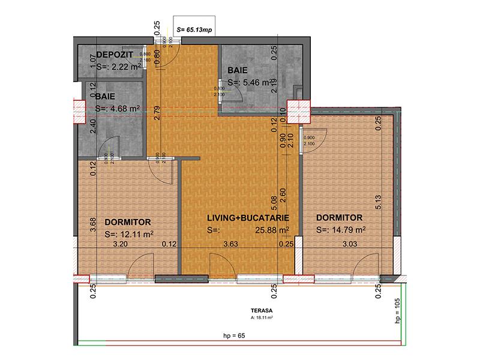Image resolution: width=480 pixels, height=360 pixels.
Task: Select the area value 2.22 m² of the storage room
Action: click(118, 67)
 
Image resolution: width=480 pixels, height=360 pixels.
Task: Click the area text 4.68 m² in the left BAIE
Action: click(118, 109)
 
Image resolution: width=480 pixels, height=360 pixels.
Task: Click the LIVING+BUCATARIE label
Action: click(249, 217)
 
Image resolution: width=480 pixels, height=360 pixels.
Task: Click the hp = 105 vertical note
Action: click(397, 312)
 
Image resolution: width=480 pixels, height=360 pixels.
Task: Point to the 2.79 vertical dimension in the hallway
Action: click(157, 113)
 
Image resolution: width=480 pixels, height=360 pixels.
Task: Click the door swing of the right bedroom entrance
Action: click(312, 140)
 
